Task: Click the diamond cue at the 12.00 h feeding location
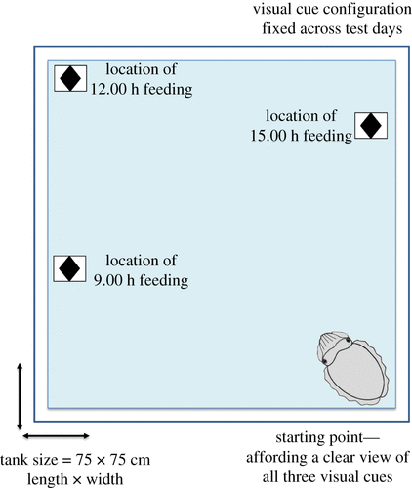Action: click(x=70, y=78)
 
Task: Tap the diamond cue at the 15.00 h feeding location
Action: click(x=371, y=125)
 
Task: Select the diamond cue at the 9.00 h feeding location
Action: click(x=69, y=268)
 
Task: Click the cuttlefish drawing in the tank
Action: click(x=353, y=368)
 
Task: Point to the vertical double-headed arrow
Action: click(x=20, y=396)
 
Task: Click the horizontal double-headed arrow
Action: click(x=56, y=436)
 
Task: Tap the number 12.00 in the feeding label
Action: click(x=108, y=89)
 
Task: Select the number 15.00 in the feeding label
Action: click(x=268, y=136)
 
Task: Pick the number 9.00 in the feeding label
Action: click(x=108, y=280)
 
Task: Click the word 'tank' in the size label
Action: click(x=14, y=460)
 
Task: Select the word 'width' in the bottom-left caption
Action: click(x=104, y=479)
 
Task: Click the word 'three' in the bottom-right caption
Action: click(x=301, y=477)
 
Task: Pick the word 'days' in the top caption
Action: click(x=388, y=29)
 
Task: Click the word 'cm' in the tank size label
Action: click(x=141, y=460)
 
